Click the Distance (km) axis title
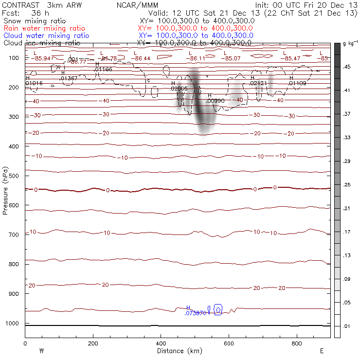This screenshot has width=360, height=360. tap(177, 351)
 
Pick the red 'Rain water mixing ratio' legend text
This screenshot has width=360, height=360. tap(44, 28)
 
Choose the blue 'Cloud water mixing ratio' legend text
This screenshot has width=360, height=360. tap(46, 36)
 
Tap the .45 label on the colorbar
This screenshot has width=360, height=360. tap(347, 67)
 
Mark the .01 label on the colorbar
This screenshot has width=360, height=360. tap(347, 326)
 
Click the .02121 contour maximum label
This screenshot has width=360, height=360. tap(258, 84)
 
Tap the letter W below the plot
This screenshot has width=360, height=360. tap(41, 351)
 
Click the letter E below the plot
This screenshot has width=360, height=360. tap(322, 351)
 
